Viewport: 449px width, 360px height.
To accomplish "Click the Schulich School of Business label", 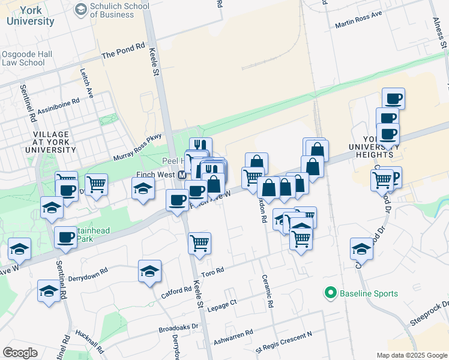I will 119,11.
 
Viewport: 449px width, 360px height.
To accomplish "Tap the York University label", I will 31,16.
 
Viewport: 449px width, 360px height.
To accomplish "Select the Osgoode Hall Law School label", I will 26,58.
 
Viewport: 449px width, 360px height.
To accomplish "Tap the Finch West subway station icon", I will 182,175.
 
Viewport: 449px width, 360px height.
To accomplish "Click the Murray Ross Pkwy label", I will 138,147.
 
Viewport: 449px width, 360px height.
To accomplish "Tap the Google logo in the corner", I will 20,353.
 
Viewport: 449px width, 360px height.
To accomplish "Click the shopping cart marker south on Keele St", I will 199,243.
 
